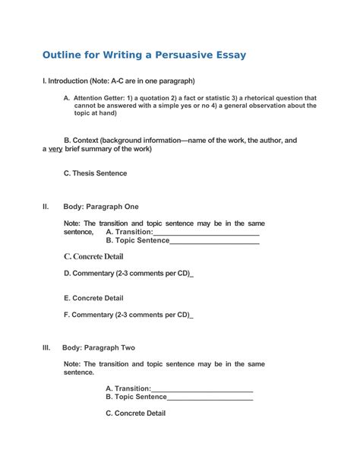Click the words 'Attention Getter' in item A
pos(102,98)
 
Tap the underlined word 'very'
pos(55,149)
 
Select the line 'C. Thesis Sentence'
pos(95,173)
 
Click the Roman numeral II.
pos(46,206)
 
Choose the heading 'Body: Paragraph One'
pos(101,206)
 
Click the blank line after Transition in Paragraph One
pos(206,232)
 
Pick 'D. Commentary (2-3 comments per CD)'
pos(127,273)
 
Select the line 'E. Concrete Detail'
pos(93,298)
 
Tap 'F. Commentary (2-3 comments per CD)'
pos(127,315)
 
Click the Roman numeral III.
pos(46,347)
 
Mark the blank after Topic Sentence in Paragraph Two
pos(210,397)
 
